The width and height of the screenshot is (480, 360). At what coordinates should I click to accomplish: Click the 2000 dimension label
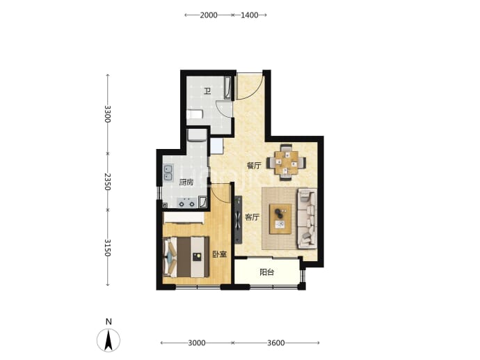tap(209, 15)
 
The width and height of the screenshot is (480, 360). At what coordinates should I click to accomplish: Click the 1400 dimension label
tap(250, 15)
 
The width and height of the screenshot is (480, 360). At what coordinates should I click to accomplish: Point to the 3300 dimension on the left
tap(107, 114)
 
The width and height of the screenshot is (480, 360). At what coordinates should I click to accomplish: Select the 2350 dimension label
tap(107, 182)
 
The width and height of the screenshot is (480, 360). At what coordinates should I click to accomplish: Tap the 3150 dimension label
tap(107, 248)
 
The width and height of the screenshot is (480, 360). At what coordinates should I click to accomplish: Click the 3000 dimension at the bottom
tap(197, 343)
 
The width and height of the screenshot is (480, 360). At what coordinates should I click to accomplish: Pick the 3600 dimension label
tap(276, 343)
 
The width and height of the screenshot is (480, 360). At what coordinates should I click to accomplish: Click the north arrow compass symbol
tap(109, 341)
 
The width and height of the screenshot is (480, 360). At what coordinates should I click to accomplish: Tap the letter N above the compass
tap(109, 322)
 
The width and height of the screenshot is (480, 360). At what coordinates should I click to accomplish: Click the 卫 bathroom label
tap(207, 91)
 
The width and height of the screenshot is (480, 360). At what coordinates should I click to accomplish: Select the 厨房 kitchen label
tap(186, 182)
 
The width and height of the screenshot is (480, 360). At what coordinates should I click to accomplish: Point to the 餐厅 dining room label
tap(254, 166)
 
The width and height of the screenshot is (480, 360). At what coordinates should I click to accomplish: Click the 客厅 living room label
tap(253, 217)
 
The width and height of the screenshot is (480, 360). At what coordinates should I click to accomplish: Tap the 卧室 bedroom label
tap(220, 254)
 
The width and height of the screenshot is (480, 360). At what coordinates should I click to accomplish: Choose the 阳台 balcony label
tap(266, 272)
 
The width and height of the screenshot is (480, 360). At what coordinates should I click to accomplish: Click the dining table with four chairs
tap(286, 162)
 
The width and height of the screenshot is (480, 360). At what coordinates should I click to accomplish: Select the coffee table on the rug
tap(280, 219)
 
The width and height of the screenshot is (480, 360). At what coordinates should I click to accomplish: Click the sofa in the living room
tap(307, 219)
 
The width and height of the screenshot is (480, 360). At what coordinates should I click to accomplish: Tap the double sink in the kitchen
tap(168, 173)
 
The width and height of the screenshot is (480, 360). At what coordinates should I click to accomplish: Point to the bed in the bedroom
tap(186, 257)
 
